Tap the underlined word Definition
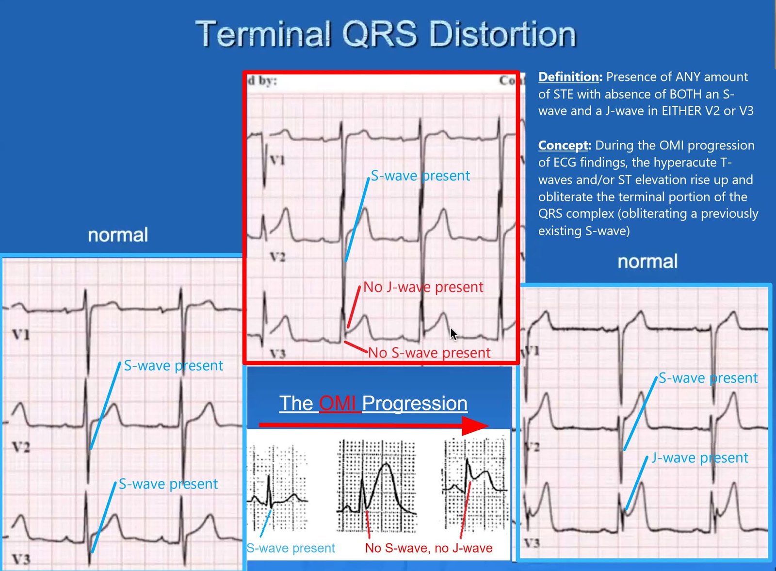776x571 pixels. [x=568, y=77]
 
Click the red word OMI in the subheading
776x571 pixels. [x=337, y=403]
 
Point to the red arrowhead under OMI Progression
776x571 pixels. [x=475, y=426]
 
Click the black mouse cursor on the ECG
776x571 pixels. [x=453, y=335]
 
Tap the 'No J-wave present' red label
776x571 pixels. [x=422, y=287]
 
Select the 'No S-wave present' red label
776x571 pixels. [x=429, y=353]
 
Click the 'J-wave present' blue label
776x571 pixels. [x=699, y=457]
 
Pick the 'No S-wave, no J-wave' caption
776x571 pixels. [x=429, y=548]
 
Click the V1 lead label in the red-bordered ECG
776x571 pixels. [x=277, y=160]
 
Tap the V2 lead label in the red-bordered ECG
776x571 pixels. [x=277, y=257]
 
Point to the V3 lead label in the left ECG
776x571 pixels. [x=21, y=559]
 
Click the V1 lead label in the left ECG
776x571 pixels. [x=21, y=335]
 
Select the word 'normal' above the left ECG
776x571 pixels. [x=118, y=235]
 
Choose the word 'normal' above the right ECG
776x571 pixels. [x=647, y=261]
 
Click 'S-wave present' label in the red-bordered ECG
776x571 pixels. [x=420, y=176]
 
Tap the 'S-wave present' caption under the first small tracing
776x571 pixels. [x=291, y=548]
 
